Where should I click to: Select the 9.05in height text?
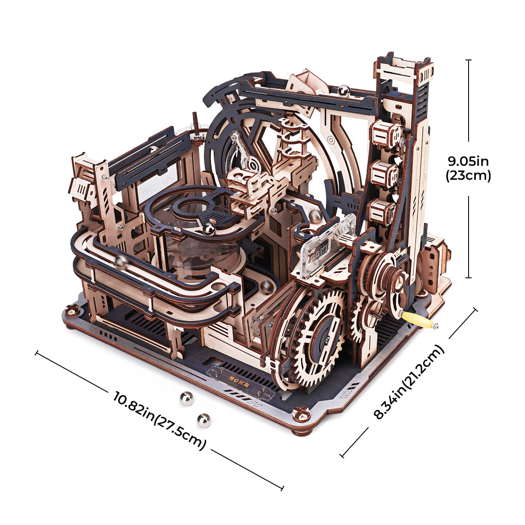click(469, 161)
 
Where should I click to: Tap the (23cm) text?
click(469, 176)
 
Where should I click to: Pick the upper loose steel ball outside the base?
click(186, 399)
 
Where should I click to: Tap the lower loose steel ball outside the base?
click(203, 420)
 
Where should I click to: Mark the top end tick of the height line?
click(469, 60)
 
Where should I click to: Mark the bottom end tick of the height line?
click(469, 277)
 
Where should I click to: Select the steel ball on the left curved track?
click(121, 262)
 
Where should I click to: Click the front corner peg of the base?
click(301, 411)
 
